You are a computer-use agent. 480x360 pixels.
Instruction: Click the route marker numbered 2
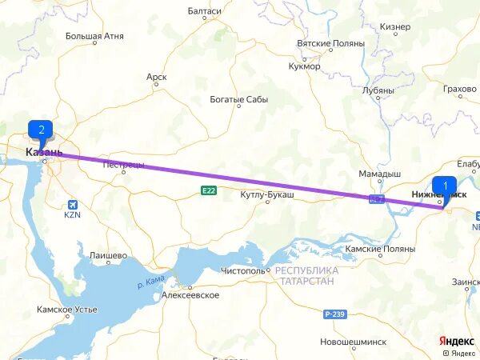point(40,130)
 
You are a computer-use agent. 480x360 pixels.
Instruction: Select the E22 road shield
point(209,190)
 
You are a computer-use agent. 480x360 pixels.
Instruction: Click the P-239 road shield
point(335,314)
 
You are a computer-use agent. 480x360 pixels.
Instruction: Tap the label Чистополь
point(243,271)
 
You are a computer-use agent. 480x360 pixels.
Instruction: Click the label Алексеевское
point(190,295)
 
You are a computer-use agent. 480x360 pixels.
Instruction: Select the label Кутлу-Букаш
point(268,194)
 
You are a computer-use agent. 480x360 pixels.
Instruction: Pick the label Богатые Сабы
point(239,100)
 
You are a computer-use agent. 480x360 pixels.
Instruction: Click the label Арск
point(157,77)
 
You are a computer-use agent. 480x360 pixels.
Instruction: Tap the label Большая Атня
point(94,36)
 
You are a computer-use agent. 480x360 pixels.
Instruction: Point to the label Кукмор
point(305,66)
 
